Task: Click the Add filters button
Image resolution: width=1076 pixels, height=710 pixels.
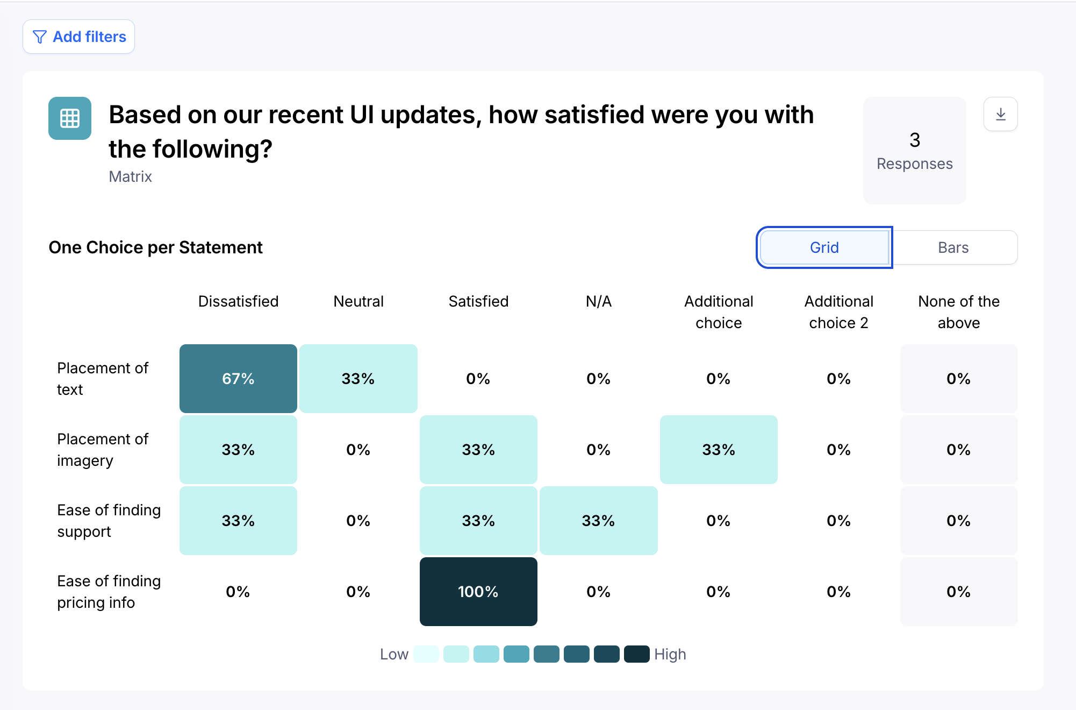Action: click(x=78, y=37)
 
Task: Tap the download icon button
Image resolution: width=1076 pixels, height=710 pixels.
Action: click(x=1000, y=114)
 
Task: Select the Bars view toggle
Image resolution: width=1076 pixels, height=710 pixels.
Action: click(x=953, y=247)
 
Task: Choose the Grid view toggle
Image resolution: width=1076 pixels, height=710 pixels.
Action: click(x=824, y=247)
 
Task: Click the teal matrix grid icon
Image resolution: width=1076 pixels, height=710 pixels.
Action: click(x=70, y=118)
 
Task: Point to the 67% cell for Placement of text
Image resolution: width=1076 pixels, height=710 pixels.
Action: click(x=238, y=379)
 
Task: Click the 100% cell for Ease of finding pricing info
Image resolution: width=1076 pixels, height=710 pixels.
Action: click(x=478, y=592)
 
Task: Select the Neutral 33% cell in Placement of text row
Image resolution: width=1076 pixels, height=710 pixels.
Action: click(x=358, y=379)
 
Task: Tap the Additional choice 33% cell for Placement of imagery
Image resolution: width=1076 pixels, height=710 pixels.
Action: click(x=719, y=450)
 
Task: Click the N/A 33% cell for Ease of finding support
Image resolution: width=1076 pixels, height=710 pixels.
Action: click(x=598, y=521)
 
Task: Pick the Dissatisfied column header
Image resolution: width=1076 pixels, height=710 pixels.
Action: click(x=238, y=301)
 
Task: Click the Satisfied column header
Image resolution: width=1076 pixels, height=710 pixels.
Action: click(x=478, y=301)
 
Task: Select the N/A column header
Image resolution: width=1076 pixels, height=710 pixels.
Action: click(x=598, y=301)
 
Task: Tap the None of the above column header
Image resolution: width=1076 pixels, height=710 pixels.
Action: click(x=959, y=312)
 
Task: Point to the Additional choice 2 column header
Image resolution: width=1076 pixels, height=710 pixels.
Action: click(x=838, y=312)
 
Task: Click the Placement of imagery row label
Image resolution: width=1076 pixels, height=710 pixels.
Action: click(x=103, y=450)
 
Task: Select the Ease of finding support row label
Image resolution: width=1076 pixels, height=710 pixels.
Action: click(x=109, y=521)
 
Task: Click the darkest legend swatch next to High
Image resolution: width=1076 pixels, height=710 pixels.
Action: click(x=637, y=654)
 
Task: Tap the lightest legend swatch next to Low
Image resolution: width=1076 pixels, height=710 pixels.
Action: click(x=426, y=654)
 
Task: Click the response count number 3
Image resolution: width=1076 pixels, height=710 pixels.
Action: click(x=915, y=140)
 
